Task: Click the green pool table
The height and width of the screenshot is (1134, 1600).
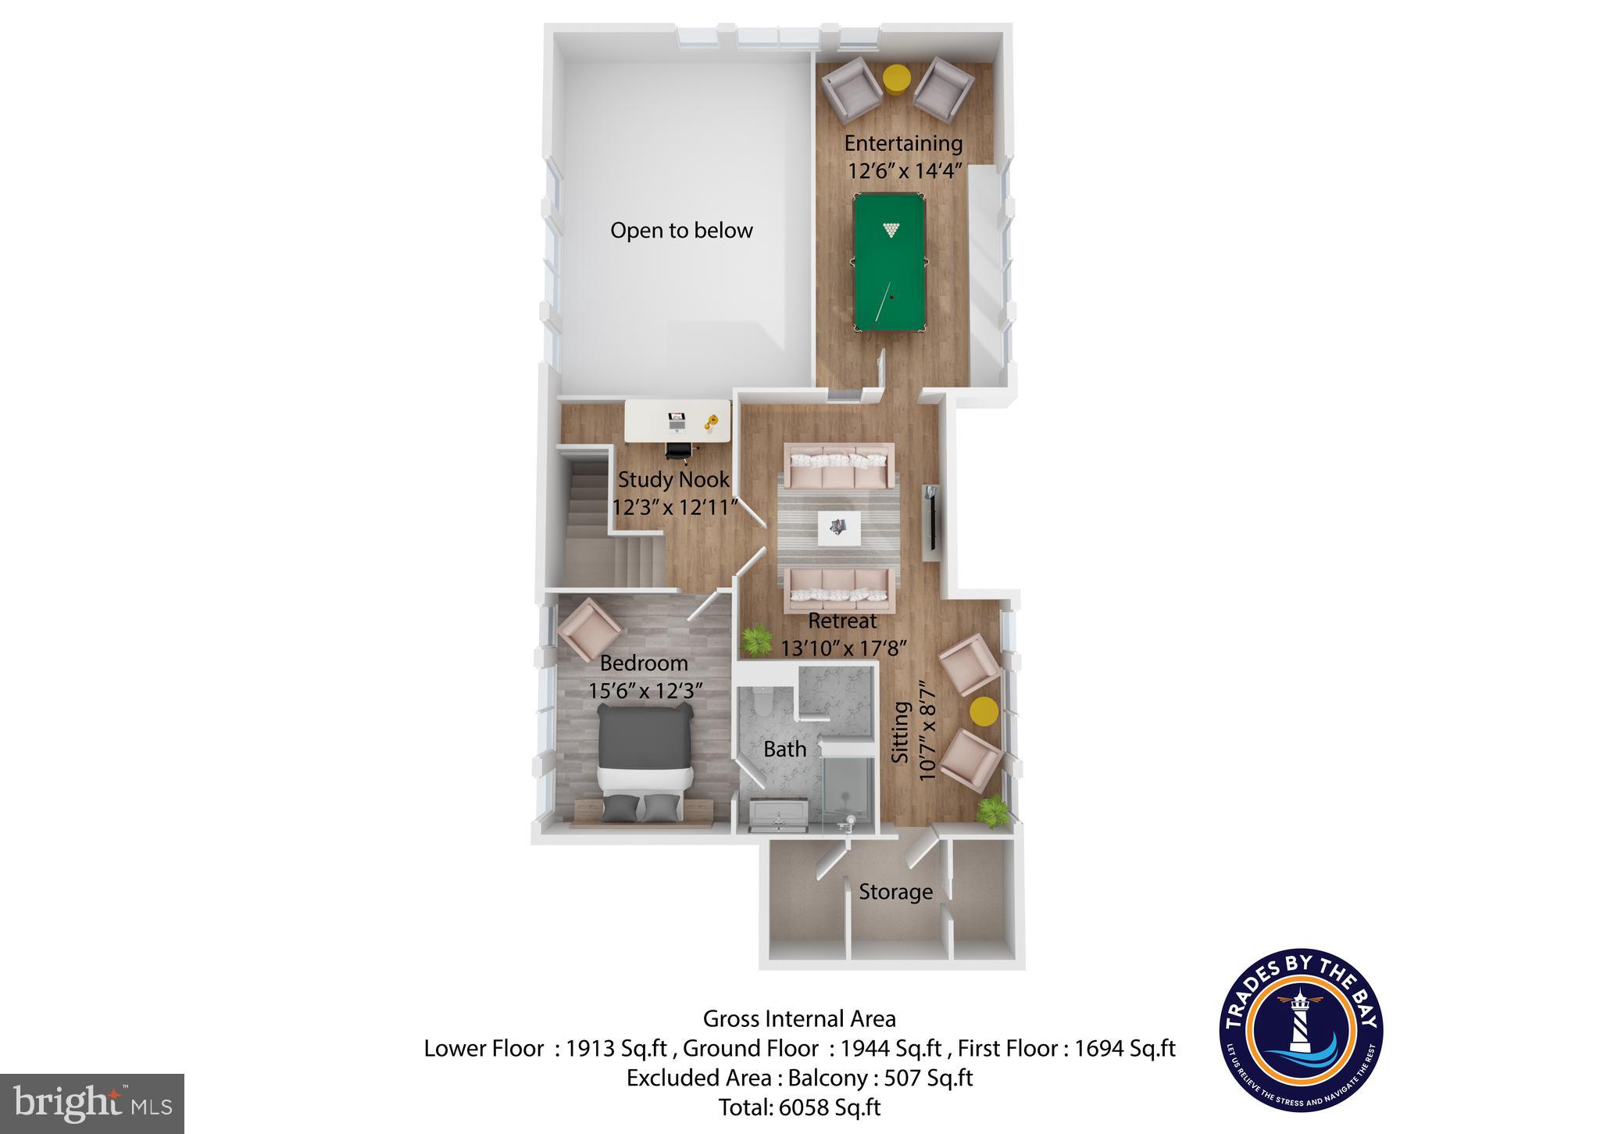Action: pos(889,262)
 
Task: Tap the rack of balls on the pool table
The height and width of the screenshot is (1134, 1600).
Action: pos(891,230)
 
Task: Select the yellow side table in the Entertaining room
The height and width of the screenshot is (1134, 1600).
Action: pos(896,79)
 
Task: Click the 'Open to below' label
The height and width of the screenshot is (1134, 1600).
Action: pos(681,231)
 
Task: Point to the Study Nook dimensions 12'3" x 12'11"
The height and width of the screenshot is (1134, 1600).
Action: pos(674,508)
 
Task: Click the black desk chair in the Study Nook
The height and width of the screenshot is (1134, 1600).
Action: pos(678,451)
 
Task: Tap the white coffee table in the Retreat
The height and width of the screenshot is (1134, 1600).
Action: pos(839,529)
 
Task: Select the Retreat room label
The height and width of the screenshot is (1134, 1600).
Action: pos(842,621)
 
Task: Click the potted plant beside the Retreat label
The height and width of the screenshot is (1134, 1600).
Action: pos(755,640)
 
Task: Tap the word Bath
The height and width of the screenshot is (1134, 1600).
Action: pos(784,749)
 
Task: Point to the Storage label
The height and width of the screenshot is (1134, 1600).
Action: pos(895,893)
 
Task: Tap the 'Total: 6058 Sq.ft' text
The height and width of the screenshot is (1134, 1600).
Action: pos(799,1107)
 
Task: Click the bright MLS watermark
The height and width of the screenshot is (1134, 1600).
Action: pos(92,1104)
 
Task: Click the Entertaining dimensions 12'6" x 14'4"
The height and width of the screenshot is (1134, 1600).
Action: pos(903,171)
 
